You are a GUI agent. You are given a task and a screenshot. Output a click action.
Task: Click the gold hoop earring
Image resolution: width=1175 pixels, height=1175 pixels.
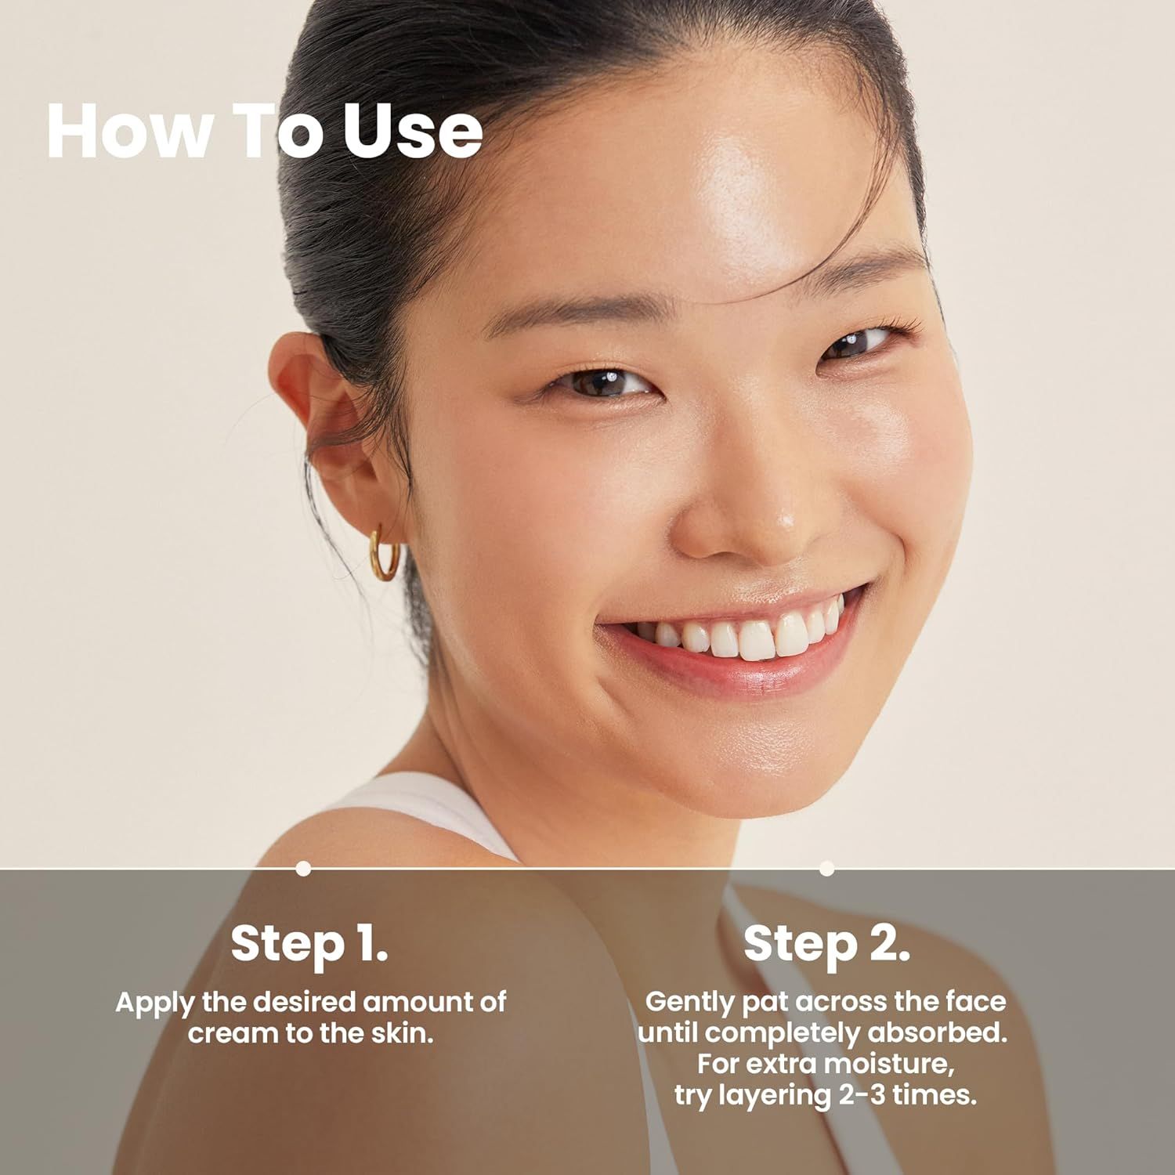tap(385, 553)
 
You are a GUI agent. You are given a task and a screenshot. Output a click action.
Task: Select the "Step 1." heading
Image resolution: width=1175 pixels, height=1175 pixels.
tap(309, 943)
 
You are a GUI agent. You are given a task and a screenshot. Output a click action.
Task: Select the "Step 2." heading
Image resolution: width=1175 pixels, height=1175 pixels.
tap(826, 943)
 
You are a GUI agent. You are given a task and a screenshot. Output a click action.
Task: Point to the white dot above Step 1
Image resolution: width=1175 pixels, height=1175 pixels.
tap(304, 868)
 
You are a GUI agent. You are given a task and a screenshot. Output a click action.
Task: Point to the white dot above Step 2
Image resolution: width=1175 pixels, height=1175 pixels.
tap(826, 868)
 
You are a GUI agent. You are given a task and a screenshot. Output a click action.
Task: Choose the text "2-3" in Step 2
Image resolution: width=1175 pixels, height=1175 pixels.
tap(861, 1094)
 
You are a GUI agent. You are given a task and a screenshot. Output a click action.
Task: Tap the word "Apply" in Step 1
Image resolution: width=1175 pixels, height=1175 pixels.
tap(155, 1003)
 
